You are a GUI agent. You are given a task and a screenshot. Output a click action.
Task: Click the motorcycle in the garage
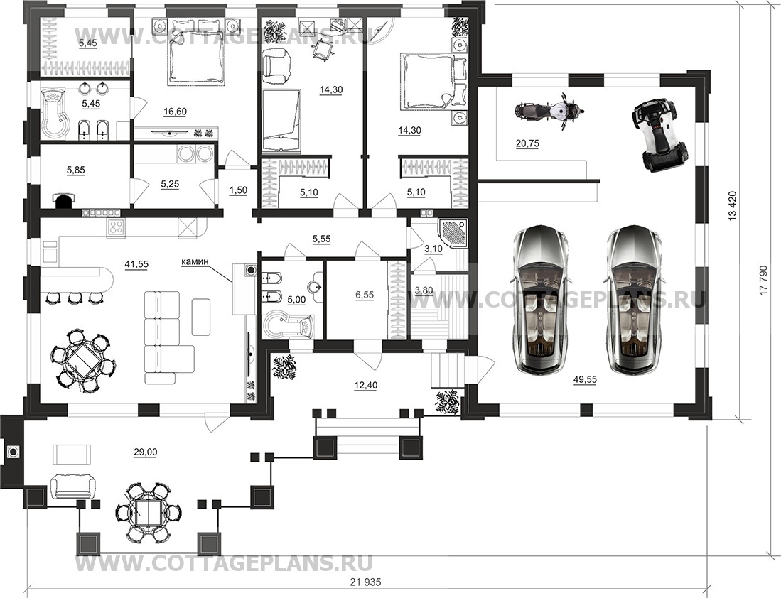click(549, 111)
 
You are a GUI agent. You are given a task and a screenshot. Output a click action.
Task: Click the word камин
click(195, 261)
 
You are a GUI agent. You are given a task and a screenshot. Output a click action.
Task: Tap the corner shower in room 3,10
click(453, 234)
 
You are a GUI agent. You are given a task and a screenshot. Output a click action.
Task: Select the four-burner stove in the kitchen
click(116, 227)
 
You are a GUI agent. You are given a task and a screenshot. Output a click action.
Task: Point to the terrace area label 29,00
click(145, 452)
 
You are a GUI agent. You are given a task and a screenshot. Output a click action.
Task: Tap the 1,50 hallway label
click(238, 190)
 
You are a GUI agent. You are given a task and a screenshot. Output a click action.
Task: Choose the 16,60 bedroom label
click(175, 112)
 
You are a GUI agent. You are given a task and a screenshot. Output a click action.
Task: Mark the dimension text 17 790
click(763, 288)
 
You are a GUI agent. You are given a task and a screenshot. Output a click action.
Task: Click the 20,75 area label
click(527, 144)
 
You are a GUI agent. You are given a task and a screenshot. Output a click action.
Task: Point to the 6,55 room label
click(364, 295)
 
